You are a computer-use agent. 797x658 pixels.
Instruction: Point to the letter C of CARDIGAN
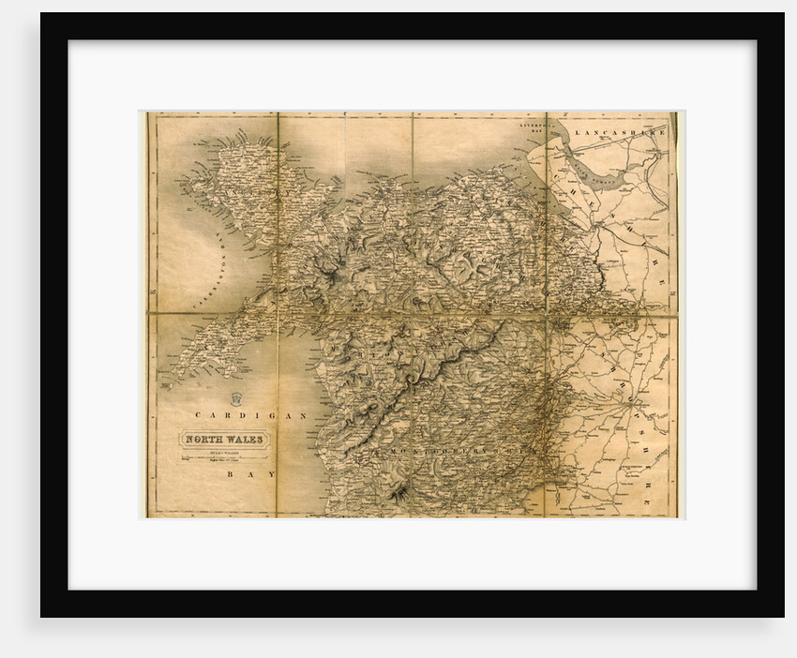[x=199, y=413]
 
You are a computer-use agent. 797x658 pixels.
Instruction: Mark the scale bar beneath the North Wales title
[x=225, y=459]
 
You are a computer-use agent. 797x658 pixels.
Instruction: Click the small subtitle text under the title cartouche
[x=225, y=452]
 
